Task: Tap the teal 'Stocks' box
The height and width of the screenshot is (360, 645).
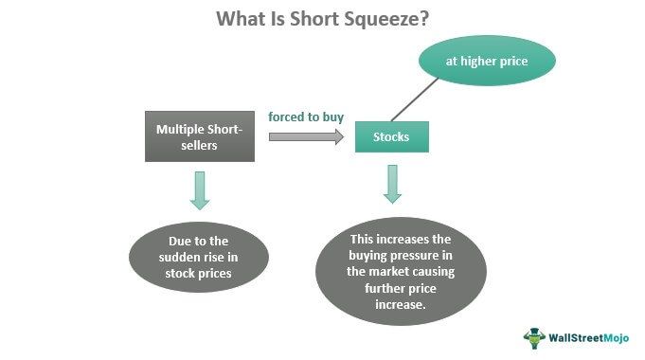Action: tap(391, 137)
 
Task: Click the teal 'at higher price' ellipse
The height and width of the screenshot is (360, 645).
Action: tap(487, 62)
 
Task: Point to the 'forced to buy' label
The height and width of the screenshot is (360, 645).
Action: tap(305, 117)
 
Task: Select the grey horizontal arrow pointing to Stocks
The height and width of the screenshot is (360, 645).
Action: tap(306, 137)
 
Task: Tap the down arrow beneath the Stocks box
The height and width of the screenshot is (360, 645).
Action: tap(392, 183)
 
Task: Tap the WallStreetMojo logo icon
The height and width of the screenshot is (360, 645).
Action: tap(535, 337)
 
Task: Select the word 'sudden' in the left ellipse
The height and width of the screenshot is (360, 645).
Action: tap(169, 256)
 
